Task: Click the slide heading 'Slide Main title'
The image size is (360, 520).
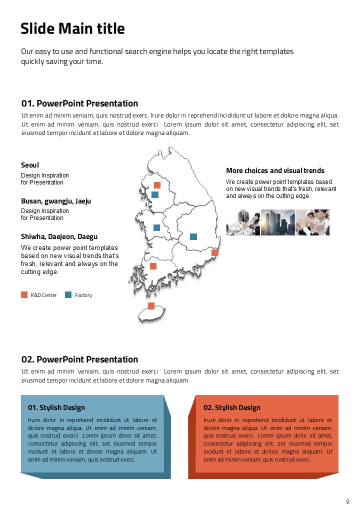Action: pyautogui.click(x=72, y=29)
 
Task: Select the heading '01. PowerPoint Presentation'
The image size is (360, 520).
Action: pyautogui.click(x=79, y=103)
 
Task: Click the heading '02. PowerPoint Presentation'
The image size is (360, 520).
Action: pyautogui.click(x=79, y=359)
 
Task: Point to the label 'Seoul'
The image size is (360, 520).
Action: pyautogui.click(x=30, y=165)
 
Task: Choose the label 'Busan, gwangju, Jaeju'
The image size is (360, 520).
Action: pyautogui.click(x=56, y=201)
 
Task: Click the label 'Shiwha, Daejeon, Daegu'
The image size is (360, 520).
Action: pyautogui.click(x=59, y=236)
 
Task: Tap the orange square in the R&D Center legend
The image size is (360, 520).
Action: pyautogui.click(x=24, y=295)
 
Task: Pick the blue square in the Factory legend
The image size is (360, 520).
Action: pyautogui.click(x=68, y=295)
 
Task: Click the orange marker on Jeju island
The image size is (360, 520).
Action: pyautogui.click(x=151, y=306)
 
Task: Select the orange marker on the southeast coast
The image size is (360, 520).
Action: pyautogui.click(x=215, y=253)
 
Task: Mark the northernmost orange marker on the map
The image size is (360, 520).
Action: pyautogui.click(x=157, y=185)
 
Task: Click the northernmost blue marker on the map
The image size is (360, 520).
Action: pyautogui.click(x=155, y=194)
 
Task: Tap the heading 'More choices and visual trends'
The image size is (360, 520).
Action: pyautogui.click(x=275, y=170)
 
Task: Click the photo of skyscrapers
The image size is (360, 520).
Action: pyautogui.click(x=277, y=222)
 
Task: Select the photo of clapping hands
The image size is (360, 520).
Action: pyautogui.click(x=312, y=222)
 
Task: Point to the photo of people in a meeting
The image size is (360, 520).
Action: pyautogui.click(x=243, y=222)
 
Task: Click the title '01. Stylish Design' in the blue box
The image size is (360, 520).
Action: pyautogui.click(x=56, y=407)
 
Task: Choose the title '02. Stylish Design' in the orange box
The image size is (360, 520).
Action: pyautogui.click(x=232, y=407)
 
